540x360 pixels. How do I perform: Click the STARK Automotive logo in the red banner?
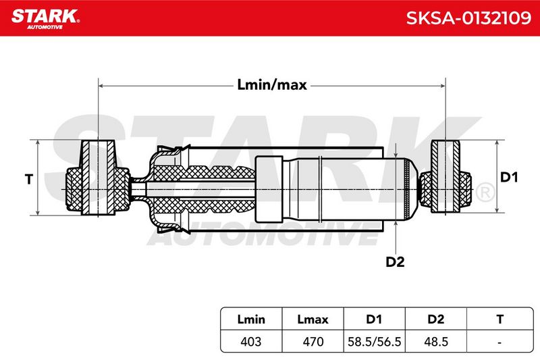[x=45, y=19]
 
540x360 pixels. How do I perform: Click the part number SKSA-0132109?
[x=468, y=18]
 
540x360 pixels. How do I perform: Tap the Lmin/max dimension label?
[x=272, y=84]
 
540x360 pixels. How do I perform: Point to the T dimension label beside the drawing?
[x=29, y=179]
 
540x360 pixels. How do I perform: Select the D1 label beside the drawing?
[x=509, y=177]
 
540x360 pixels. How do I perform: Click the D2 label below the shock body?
[x=395, y=262]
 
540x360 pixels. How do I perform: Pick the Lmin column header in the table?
[x=251, y=319]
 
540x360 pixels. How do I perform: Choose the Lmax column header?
[x=313, y=319]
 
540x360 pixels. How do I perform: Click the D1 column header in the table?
[x=374, y=319]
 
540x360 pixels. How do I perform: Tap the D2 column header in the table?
[x=435, y=319]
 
